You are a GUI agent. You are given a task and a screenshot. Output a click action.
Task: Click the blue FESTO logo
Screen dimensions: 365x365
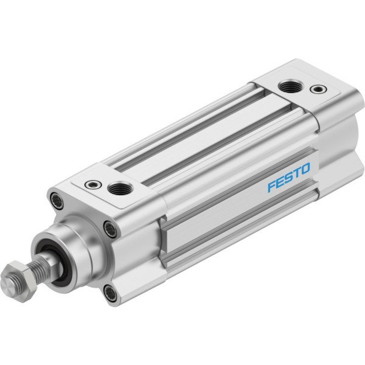tap(289, 177)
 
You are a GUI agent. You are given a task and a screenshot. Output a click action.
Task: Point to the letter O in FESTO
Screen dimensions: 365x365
tap(305, 169)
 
